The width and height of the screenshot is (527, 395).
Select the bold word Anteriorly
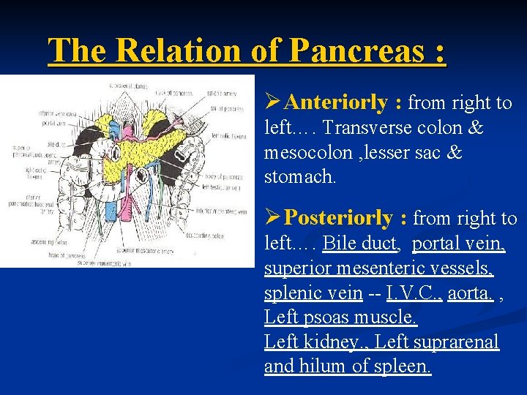[x=334, y=103]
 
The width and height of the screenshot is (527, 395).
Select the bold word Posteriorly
[x=339, y=218]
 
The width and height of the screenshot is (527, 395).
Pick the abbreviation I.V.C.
[x=404, y=293]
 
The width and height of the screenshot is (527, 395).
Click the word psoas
[x=332, y=317]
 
